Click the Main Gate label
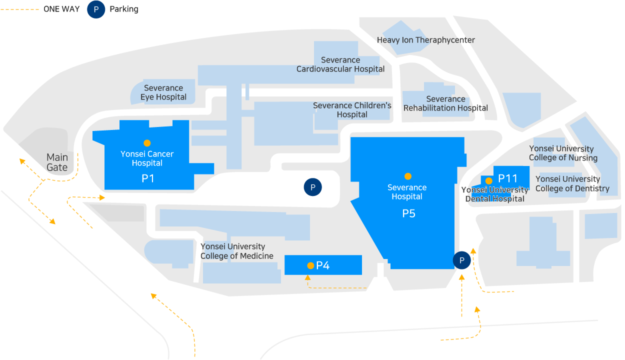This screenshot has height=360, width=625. point(57,162)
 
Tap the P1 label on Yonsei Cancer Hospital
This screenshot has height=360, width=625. point(148,178)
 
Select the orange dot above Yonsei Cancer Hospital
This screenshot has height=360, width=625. point(147,143)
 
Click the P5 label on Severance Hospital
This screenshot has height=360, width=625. point(409,213)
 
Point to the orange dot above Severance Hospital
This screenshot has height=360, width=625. point(408,176)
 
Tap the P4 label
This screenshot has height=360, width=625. point(323,265)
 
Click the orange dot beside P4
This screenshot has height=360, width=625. point(310,265)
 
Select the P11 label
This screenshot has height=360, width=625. point(508,178)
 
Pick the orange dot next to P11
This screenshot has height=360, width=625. point(488,180)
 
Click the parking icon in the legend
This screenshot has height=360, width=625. point(96,9)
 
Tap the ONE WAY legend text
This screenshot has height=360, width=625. point(61,9)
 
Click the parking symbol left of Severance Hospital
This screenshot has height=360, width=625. point(313,187)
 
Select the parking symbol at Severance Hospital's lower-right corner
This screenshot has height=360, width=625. point(462,260)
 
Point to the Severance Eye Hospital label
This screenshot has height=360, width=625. point(163,92)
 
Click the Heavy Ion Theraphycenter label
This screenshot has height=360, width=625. point(426,40)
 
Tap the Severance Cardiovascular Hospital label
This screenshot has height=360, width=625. point(340,64)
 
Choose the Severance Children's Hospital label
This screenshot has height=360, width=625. point(352,110)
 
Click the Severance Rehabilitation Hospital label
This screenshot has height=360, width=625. point(445,103)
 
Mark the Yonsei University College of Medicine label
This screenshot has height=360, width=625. point(237,251)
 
